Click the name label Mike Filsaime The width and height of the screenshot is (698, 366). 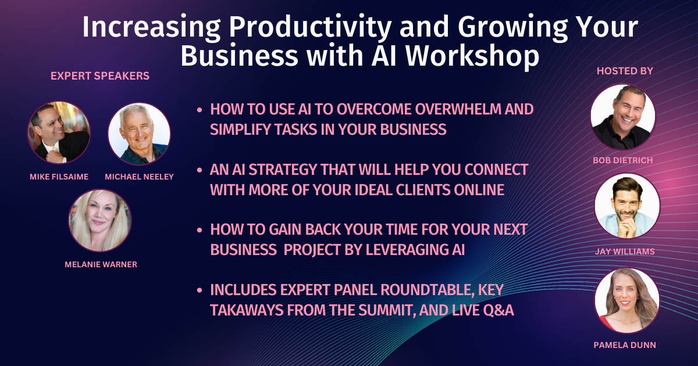click(x=59, y=177)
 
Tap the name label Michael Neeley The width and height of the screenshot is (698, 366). click(x=139, y=177)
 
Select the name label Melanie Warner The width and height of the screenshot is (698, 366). click(x=101, y=264)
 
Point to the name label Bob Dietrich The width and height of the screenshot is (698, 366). click(x=622, y=160)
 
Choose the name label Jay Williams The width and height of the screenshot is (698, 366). click(x=625, y=252)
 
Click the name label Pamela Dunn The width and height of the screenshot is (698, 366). click(x=625, y=345)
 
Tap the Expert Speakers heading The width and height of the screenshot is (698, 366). click(x=100, y=76)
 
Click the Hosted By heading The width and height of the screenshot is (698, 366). click(x=625, y=71)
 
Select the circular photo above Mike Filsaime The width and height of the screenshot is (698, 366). click(x=59, y=132)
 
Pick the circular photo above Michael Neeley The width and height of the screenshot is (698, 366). click(x=139, y=134)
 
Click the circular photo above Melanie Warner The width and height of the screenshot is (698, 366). click(x=100, y=221)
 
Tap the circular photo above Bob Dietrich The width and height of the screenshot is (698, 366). click(x=623, y=117)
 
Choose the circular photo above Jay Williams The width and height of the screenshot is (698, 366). click(x=627, y=206)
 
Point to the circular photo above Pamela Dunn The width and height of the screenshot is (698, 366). click(x=626, y=300)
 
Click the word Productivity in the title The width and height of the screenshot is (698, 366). click(x=310, y=27)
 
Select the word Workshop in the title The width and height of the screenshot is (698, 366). click(x=472, y=56)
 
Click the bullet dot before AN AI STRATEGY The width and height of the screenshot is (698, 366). click(x=200, y=170)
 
